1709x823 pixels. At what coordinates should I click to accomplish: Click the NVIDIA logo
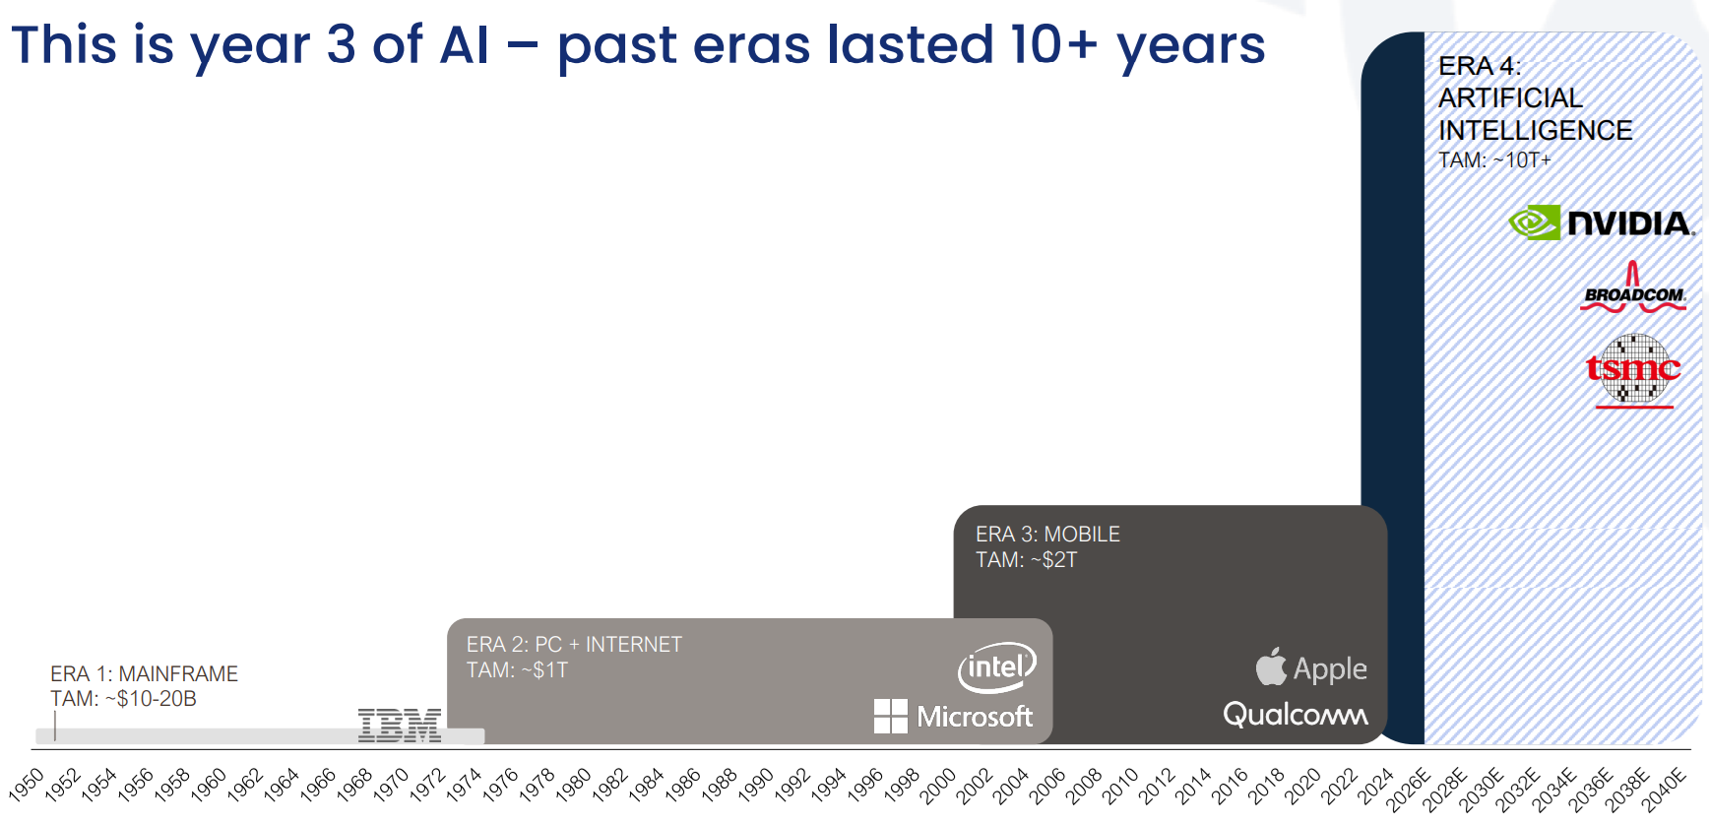pyautogui.click(x=1601, y=222)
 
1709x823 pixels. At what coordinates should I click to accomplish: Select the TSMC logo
pyautogui.click(x=1633, y=370)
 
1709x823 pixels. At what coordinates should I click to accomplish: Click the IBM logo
pyautogui.click(x=399, y=725)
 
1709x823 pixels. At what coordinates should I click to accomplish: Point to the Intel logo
pyautogui.click(x=996, y=667)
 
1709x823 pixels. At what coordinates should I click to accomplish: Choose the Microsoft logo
pyautogui.click(x=953, y=716)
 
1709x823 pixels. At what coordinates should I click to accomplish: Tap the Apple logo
pyautogui.click(x=1311, y=668)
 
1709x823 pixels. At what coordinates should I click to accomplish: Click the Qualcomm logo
pyautogui.click(x=1295, y=714)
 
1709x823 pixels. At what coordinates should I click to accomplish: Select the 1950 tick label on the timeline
pyautogui.click(x=27, y=786)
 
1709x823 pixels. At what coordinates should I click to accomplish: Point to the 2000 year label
pyautogui.click(x=938, y=786)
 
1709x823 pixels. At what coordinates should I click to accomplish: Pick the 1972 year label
pyautogui.click(x=427, y=786)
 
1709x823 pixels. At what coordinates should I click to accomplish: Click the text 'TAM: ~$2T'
pyautogui.click(x=1026, y=560)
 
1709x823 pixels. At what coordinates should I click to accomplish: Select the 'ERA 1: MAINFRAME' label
pyautogui.click(x=144, y=673)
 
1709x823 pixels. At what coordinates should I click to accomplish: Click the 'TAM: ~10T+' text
pyautogui.click(x=1493, y=160)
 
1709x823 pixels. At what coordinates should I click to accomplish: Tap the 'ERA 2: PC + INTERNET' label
pyautogui.click(x=574, y=644)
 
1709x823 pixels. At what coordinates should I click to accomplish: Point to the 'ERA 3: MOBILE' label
pyautogui.click(x=1047, y=534)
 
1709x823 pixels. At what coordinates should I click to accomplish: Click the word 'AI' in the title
pyautogui.click(x=464, y=45)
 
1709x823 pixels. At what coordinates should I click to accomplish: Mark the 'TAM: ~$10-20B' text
pyautogui.click(x=123, y=699)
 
